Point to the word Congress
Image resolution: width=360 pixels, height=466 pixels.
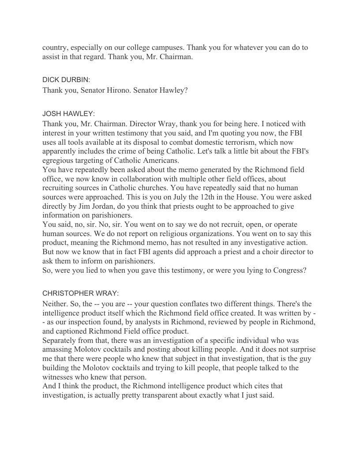coord(286,270)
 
